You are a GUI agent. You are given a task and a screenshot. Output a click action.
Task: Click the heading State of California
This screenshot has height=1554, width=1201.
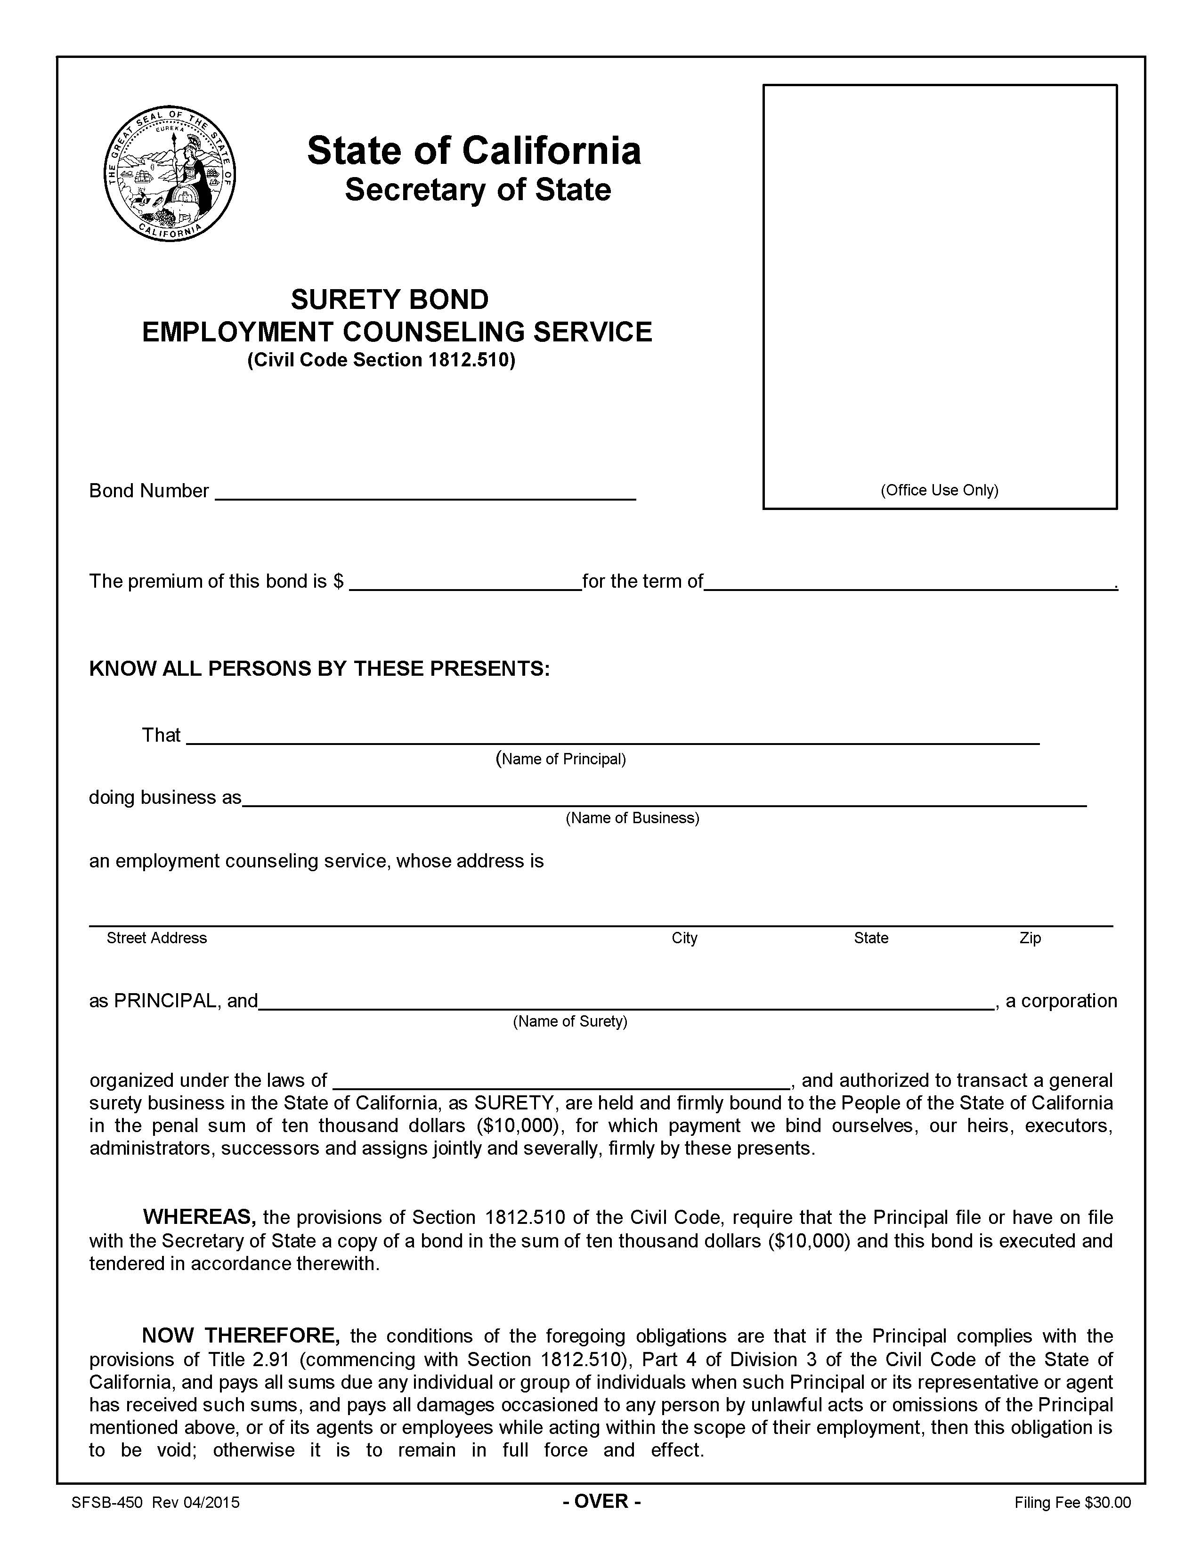pos(474,151)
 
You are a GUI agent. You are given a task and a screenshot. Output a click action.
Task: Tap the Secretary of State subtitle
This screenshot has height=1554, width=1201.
pos(478,190)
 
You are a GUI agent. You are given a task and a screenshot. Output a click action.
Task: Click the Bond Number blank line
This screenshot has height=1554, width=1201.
pos(425,493)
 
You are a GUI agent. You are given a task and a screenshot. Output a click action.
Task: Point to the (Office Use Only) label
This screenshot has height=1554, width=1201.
pos(939,490)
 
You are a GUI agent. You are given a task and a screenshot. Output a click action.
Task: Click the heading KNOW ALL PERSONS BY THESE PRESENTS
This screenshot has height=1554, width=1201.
pos(319,669)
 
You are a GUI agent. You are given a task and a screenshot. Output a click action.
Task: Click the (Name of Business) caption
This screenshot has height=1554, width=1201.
pos(633,818)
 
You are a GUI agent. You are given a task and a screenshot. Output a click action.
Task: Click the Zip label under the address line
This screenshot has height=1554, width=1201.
pos(1030,938)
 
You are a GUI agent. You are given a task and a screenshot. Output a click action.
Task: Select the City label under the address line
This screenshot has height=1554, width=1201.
pos(684,938)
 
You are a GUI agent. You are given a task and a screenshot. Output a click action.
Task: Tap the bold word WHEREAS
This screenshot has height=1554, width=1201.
pos(199,1217)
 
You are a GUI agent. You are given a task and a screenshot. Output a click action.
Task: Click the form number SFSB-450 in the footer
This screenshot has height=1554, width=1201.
pos(107,1503)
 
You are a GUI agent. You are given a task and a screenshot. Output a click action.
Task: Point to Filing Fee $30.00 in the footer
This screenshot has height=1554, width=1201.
pos(1072,1503)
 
